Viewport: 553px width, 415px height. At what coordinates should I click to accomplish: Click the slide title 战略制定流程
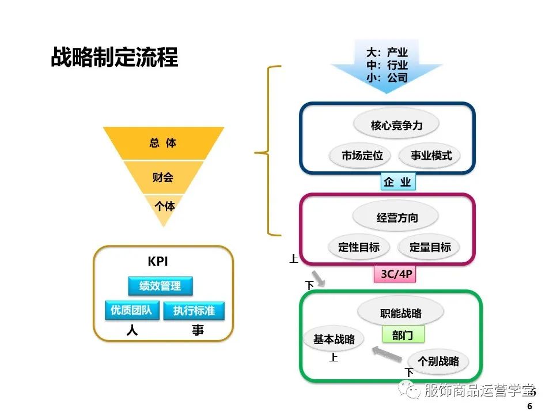[115, 58]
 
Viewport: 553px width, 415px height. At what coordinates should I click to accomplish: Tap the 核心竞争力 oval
[397, 125]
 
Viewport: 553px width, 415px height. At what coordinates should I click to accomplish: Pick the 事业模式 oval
[431, 155]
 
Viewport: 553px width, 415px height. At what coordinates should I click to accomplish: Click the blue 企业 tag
[397, 182]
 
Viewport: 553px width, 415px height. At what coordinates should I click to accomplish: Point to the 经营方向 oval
[397, 217]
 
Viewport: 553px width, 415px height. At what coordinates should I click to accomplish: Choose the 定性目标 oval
[358, 247]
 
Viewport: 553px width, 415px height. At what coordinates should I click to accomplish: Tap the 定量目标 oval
[430, 247]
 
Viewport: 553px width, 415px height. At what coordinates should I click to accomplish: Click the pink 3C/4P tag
[397, 274]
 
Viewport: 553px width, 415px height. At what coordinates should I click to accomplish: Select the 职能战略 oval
[401, 313]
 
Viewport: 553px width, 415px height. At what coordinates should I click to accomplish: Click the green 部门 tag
[403, 335]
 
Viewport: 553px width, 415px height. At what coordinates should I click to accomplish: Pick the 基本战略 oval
[334, 339]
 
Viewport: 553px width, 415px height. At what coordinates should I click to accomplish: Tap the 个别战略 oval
[438, 361]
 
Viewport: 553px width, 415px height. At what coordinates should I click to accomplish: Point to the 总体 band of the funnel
[163, 143]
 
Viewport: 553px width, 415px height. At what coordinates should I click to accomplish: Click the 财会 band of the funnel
[163, 177]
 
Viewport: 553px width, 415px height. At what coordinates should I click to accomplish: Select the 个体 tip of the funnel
[164, 205]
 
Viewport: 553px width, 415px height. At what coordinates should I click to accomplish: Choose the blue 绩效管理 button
[160, 286]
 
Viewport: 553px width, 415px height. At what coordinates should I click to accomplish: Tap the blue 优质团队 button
[131, 310]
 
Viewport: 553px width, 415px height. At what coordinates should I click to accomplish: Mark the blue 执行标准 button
[194, 311]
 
